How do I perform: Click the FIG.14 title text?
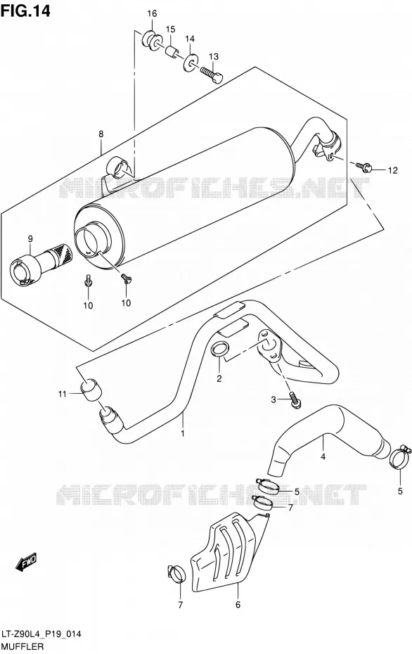[x=25, y=11]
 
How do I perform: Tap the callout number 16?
[x=152, y=13]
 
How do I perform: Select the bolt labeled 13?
[x=212, y=75]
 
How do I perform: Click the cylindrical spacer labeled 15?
[x=173, y=51]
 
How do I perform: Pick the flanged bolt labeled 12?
[x=362, y=167]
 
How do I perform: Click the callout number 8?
[x=101, y=134]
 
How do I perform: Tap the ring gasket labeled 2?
[x=221, y=349]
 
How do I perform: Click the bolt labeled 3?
[x=295, y=399]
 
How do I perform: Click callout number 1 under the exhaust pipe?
[x=182, y=434]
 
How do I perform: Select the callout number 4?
[x=323, y=456]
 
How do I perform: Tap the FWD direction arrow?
[x=26, y=562]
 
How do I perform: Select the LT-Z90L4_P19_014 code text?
[x=41, y=635]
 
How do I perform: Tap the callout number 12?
[x=392, y=170]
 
